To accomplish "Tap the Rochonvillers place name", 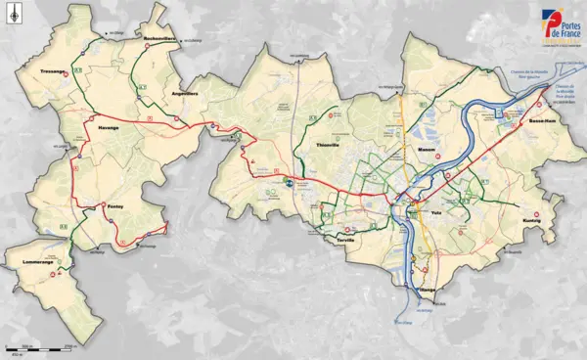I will point(158,38).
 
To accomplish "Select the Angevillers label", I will point(185,93).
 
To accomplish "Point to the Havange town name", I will point(108,127).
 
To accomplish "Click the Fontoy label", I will point(115,204).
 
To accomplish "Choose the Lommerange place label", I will point(28,261).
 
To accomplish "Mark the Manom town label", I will point(426,149).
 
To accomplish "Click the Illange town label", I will point(427,291).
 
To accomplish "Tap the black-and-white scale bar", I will point(39,348).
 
